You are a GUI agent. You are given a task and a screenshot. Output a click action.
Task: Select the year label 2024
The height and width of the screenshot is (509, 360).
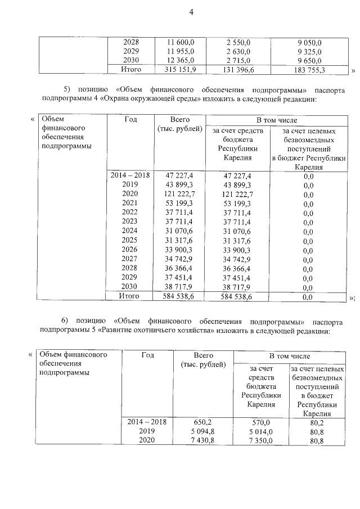(x=130, y=231)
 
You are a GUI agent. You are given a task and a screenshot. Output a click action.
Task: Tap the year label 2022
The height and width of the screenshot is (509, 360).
(x=130, y=213)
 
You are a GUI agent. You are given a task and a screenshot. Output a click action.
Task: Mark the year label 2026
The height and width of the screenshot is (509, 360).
(x=130, y=249)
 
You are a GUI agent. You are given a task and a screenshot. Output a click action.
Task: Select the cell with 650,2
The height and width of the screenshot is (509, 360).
(x=202, y=421)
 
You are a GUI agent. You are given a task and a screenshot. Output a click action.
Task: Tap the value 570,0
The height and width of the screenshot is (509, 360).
(x=260, y=422)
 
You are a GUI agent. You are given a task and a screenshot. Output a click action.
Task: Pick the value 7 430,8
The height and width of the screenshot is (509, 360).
(x=202, y=440)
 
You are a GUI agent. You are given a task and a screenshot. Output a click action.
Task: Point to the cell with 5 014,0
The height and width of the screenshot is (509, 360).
(x=260, y=431)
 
